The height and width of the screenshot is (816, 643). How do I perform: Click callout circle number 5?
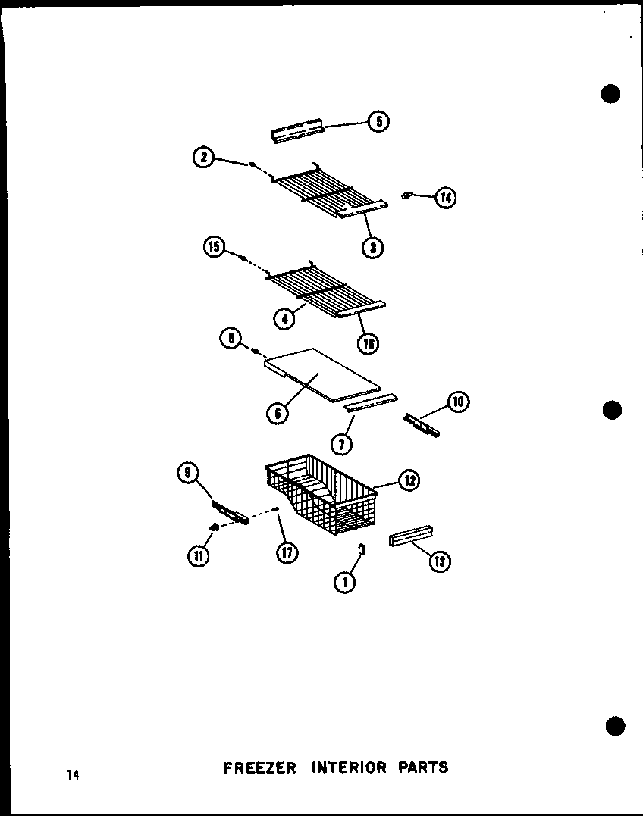[x=378, y=121]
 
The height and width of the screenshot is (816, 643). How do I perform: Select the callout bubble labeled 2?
[x=202, y=158]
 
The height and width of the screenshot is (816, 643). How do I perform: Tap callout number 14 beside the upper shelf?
[x=446, y=199]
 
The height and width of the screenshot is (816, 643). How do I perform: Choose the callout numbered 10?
[x=458, y=402]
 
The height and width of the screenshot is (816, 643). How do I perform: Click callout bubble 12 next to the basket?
[x=409, y=480]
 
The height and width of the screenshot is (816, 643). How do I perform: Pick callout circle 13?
[x=439, y=561]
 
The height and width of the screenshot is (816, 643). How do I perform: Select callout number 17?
[x=287, y=552]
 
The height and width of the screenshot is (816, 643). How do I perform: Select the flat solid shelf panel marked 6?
[x=318, y=375]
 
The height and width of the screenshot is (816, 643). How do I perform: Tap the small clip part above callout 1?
[x=362, y=549]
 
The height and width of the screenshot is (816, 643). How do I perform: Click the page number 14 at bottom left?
[x=72, y=774]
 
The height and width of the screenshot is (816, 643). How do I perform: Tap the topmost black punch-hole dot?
[x=610, y=93]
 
